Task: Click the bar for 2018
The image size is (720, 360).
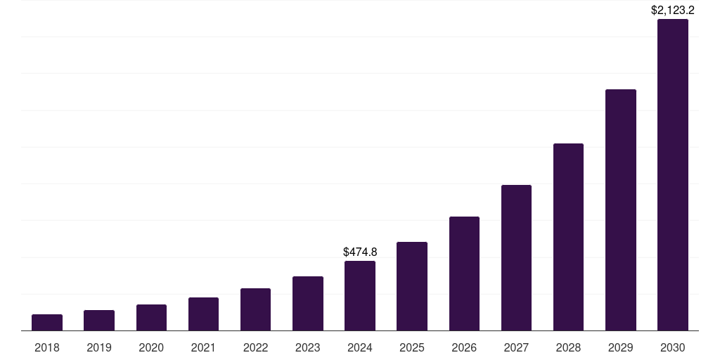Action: click(x=47, y=323)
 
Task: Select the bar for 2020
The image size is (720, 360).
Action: click(x=151, y=318)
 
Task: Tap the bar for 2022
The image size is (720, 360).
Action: click(x=255, y=309)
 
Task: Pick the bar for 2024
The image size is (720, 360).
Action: click(x=360, y=296)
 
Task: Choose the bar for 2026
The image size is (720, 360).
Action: click(x=464, y=274)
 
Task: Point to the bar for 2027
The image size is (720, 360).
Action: click(x=516, y=258)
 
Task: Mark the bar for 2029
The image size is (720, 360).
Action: click(x=621, y=210)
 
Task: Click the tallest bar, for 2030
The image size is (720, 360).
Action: click(x=673, y=175)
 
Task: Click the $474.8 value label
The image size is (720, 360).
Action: click(x=360, y=252)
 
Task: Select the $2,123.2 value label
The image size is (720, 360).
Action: click(x=673, y=10)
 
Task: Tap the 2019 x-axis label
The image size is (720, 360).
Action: click(x=99, y=347)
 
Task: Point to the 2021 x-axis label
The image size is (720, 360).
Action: click(x=203, y=347)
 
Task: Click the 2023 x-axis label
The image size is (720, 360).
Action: click(x=308, y=347)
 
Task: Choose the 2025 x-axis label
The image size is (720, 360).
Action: click(x=412, y=347)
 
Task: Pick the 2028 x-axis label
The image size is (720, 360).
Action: click(x=568, y=347)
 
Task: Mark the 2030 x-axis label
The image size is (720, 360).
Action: click(x=673, y=347)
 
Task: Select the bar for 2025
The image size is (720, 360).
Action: click(x=412, y=286)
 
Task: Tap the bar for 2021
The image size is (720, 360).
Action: click(x=203, y=314)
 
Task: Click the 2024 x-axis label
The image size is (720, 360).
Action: click(x=360, y=347)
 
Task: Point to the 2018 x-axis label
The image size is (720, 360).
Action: click(x=47, y=347)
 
